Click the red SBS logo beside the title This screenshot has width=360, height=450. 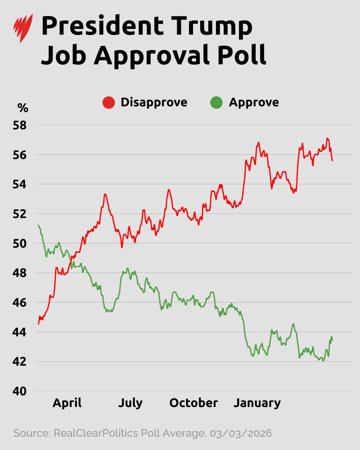(23, 28)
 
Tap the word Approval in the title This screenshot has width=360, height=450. (152, 55)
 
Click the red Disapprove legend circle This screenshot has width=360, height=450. (109, 103)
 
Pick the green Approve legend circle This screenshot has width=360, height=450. (216, 103)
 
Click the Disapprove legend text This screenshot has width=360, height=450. (154, 102)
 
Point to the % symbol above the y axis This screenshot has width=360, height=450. (23, 108)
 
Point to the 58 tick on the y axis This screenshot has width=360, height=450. (19, 125)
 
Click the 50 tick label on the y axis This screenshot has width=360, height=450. (19, 243)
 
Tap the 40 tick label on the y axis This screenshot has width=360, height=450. (19, 391)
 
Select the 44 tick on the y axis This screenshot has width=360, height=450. (19, 332)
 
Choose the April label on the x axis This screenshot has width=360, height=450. (67, 403)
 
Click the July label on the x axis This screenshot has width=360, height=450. (130, 403)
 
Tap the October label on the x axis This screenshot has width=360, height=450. (193, 403)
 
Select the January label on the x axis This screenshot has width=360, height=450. (257, 403)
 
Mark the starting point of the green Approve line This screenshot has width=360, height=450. (39, 225)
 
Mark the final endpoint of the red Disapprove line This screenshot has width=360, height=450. (332, 160)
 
